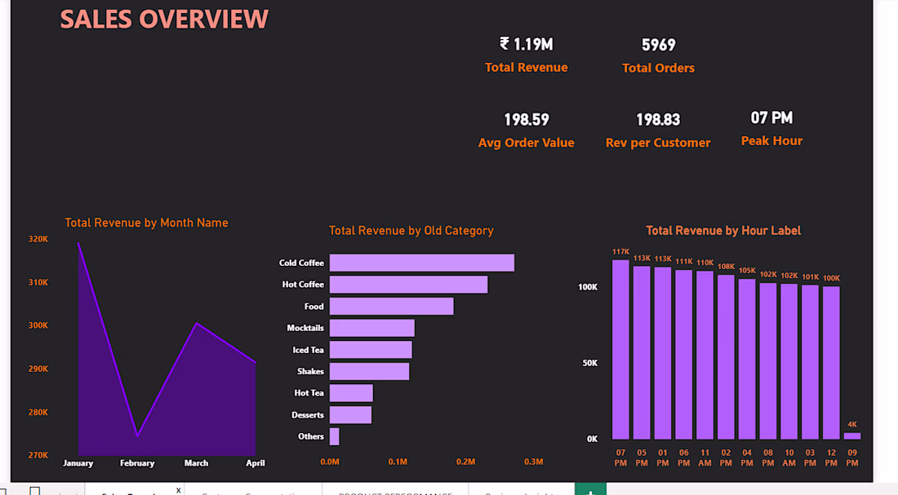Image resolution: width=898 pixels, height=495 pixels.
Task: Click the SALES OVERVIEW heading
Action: (x=164, y=20)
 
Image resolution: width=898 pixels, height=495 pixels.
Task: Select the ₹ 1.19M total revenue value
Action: (x=526, y=44)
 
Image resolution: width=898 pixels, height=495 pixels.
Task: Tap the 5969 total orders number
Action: (x=658, y=45)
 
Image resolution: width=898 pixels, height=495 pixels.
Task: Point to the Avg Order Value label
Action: (x=526, y=143)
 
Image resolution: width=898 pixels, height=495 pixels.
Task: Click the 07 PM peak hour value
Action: (x=771, y=118)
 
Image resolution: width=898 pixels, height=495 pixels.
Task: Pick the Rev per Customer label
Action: (x=658, y=143)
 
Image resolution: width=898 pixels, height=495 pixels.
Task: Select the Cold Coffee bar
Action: (x=421, y=263)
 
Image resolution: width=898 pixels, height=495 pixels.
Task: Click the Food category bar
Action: (x=391, y=306)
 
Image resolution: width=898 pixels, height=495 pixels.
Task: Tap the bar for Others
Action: (x=334, y=436)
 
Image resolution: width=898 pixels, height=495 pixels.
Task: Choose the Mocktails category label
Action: (x=305, y=328)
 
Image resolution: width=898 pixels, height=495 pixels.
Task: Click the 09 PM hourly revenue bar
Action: (x=852, y=435)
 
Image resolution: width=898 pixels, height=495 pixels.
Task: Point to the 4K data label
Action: (x=852, y=425)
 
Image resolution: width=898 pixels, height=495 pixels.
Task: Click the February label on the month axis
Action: (x=137, y=463)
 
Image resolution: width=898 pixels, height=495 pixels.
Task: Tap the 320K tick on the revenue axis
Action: (x=38, y=239)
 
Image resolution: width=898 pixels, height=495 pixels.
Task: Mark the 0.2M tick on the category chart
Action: (x=465, y=462)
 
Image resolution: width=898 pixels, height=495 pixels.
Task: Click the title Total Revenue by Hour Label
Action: (x=723, y=231)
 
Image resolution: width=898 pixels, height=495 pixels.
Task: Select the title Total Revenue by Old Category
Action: (x=411, y=231)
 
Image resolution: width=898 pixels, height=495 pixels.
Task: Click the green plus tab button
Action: (x=590, y=489)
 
